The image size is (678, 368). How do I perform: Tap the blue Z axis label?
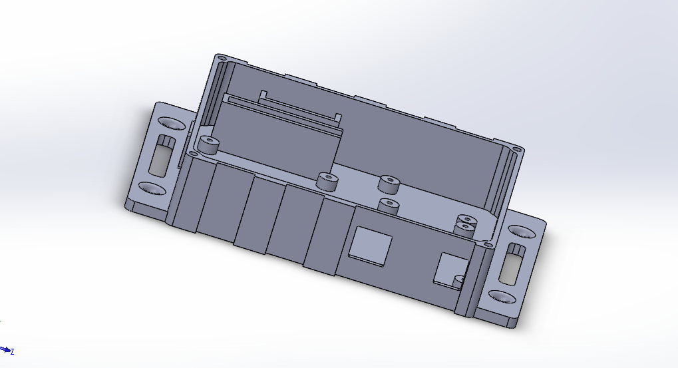click(13, 351)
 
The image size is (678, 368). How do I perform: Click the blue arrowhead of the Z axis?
click(6, 349)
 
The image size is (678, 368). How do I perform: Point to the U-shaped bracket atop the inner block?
click(299, 106)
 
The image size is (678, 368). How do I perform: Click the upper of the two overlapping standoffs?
click(467, 220)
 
